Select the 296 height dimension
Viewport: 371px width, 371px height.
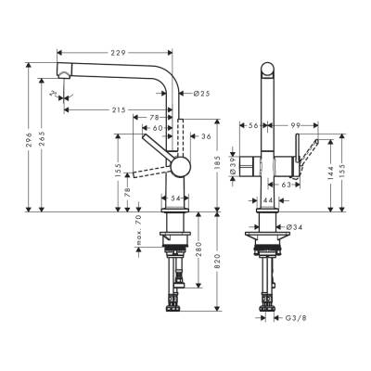coord(31,140)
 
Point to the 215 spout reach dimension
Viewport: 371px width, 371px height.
coord(118,110)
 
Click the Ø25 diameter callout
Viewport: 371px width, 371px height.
coord(202,93)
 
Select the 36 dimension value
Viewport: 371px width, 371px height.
coord(205,138)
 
